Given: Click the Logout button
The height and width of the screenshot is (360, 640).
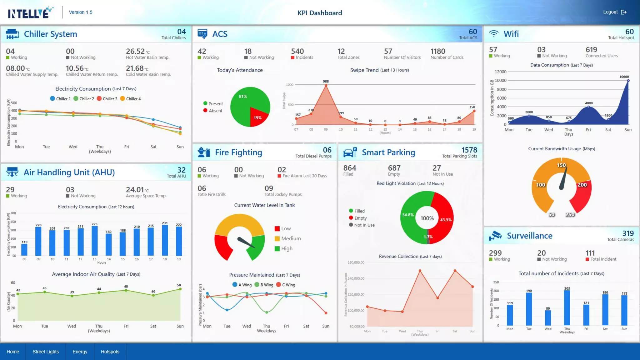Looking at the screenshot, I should tap(614, 12).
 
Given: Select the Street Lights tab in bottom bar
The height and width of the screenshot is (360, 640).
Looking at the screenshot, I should tap(46, 352).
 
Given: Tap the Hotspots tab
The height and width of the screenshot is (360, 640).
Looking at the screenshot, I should tap(110, 352).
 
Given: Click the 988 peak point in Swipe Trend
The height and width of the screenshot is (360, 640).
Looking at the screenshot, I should tap(326, 85).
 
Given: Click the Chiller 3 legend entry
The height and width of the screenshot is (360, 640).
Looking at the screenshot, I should tap(107, 99).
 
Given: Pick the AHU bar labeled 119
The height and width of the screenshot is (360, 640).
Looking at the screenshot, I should tap(24, 250).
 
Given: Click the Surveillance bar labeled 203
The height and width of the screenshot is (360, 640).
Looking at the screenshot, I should tap(567, 308).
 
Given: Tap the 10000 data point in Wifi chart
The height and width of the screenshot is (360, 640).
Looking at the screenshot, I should tap(628, 81).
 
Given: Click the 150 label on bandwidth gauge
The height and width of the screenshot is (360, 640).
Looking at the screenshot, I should tap(561, 165).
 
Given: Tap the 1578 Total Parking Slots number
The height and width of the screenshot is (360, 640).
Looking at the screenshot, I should tap(469, 150).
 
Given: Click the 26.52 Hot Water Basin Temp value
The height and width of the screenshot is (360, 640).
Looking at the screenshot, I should tap(136, 51).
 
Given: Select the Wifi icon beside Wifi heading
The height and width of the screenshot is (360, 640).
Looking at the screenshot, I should tap(494, 34).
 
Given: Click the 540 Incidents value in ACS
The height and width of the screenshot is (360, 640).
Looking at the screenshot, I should tap(297, 51).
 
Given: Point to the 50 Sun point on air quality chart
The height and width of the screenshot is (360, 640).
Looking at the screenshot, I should tap(180, 289).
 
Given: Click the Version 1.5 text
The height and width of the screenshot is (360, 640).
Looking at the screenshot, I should tap(81, 12).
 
